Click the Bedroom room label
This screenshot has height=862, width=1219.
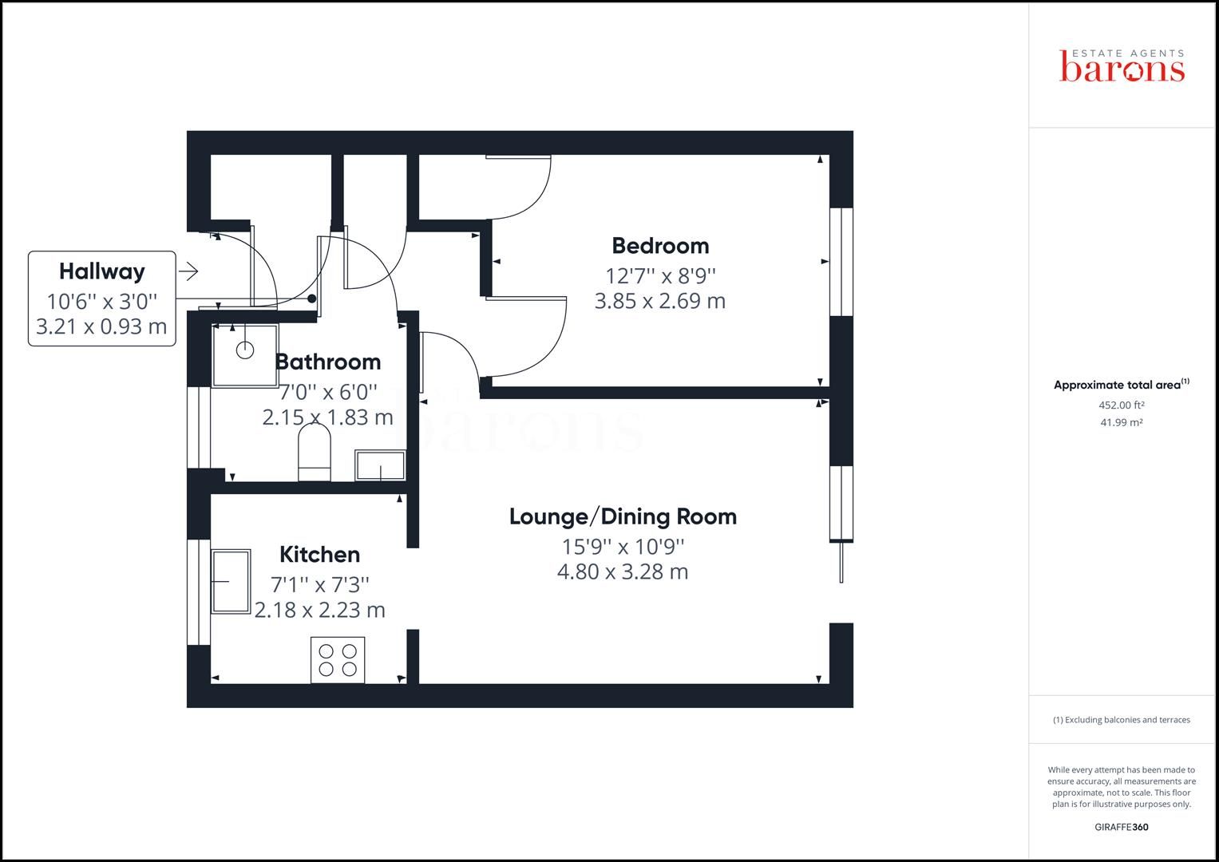tap(660, 246)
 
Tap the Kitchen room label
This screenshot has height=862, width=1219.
tap(319, 554)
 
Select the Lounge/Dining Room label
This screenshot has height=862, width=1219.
tap(623, 516)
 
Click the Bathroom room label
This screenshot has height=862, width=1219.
tap(327, 362)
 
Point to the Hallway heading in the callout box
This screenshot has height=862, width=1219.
tap(102, 271)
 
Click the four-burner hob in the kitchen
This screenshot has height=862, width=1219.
tap(338, 660)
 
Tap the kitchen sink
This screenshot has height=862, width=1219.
tap(231, 580)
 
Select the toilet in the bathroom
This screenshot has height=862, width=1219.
tap(314, 453)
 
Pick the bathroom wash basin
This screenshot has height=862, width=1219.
tap(381, 465)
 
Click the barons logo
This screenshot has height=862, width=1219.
tap(1122, 66)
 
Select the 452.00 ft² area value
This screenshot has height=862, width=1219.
tap(1121, 405)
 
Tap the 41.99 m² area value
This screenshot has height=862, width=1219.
tap(1121, 422)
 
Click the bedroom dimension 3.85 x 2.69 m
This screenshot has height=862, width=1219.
tap(660, 301)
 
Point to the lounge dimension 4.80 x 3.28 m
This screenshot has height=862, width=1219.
tap(623, 571)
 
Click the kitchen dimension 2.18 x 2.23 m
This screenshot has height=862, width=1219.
tap(319, 610)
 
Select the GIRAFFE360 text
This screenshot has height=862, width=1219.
tap(1121, 827)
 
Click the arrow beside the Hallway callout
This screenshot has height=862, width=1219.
tap(188, 272)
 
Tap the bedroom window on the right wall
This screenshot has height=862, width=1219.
tap(841, 262)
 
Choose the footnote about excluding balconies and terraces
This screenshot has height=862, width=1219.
tap(1121, 720)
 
